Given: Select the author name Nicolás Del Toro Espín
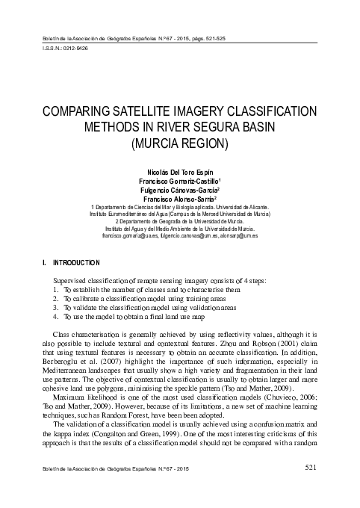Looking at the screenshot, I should click(x=179, y=171).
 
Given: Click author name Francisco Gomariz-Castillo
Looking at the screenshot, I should click(x=179, y=181).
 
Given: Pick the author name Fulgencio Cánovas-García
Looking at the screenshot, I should click(x=179, y=190).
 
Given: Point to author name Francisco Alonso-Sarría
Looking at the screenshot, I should click(x=179, y=200).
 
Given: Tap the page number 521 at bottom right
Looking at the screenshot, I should click(x=314, y=489).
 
